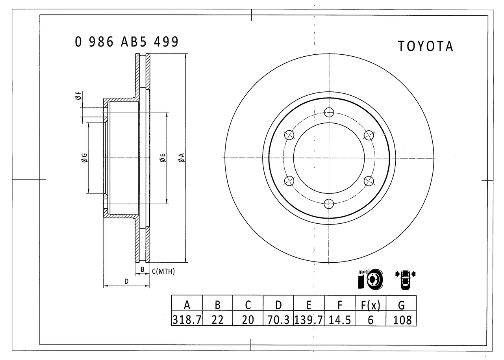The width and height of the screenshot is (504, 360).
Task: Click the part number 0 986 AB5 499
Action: tap(127, 42)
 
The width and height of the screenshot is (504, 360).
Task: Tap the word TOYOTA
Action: tap(426, 46)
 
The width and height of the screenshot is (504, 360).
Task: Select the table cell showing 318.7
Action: tap(187, 320)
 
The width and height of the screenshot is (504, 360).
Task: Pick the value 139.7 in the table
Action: tap(309, 320)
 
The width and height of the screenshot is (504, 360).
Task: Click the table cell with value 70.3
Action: tap(278, 320)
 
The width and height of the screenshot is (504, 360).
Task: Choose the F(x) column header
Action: tap(371, 305)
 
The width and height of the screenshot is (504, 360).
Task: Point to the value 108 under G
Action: tap(402, 320)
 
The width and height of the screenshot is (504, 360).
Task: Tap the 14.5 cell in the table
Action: tap(340, 320)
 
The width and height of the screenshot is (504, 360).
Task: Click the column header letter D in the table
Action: tap(278, 305)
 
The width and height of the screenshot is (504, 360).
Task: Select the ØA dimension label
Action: tap(182, 158)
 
